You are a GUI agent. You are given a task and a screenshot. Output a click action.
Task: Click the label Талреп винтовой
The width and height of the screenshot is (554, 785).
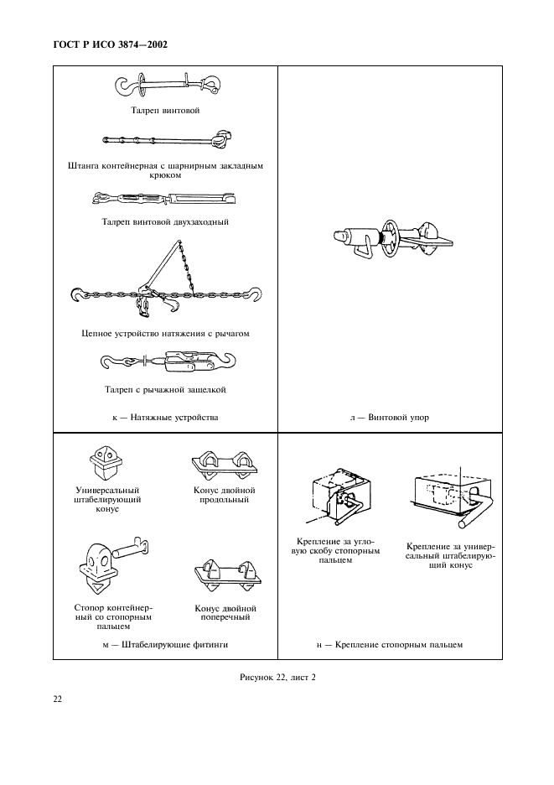(165, 110)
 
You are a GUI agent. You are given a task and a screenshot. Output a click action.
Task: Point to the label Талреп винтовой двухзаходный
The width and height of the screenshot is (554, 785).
(165, 222)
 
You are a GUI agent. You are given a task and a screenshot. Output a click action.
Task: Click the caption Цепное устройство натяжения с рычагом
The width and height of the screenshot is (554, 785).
(165, 333)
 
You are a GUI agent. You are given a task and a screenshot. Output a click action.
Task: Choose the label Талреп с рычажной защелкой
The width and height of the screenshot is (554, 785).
(165, 389)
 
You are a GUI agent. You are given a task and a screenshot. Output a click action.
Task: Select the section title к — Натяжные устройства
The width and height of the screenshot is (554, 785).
(165, 417)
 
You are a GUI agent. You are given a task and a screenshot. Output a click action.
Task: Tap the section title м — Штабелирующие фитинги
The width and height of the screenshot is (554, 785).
(165, 644)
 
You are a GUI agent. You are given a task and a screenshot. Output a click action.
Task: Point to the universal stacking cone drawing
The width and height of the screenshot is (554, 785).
(106, 460)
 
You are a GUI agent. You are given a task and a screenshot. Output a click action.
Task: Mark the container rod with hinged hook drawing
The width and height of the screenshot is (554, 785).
(165, 139)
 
